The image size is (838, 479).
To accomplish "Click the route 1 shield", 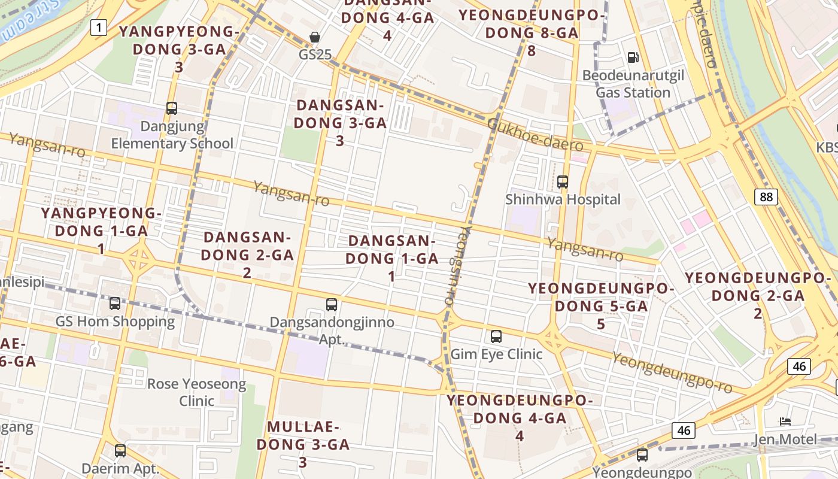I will pos(99,26).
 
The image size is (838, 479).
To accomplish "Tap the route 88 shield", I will pos(766,196).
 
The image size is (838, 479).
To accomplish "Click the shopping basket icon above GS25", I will pos(315,38).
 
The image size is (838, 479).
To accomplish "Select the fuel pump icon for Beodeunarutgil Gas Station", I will pos(633,57).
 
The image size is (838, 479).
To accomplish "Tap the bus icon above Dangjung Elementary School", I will pos(172,108).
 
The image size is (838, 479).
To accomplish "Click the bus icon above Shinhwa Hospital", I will pos(562,181).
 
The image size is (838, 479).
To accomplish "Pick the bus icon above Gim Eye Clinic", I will pos(496,336).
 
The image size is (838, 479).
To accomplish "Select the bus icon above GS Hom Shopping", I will pos(115,304).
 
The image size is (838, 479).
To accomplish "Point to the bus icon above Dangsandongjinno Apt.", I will pos(332,305).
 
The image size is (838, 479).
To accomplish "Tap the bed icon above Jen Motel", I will pos(785,422).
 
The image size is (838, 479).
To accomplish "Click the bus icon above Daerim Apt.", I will pos(120,451).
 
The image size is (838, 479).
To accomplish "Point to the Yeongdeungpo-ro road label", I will pos(672,372).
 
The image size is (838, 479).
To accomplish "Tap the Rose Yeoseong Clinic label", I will pos(196,392).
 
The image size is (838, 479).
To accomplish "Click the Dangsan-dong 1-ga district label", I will pos(391,258).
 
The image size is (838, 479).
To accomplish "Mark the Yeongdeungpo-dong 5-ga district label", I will pos(600,306).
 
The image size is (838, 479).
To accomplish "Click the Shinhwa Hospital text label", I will pos(563,199).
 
